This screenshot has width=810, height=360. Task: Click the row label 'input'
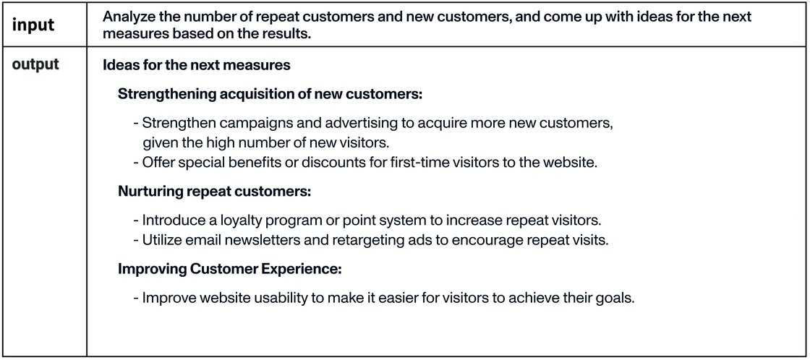pos(33,25)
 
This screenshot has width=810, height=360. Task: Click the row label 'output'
pos(35,64)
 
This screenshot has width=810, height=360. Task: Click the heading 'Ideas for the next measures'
pos(196,66)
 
